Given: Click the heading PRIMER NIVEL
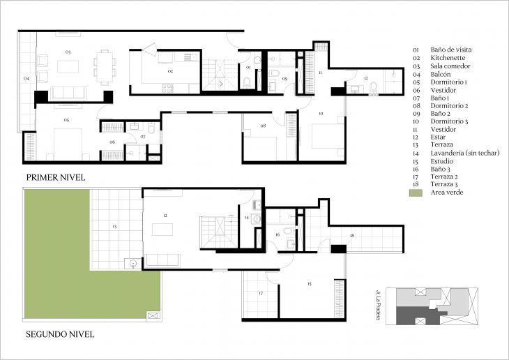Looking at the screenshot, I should [56, 178].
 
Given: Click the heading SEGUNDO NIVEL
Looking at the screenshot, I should [60, 334].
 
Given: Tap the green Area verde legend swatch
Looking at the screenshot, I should [416, 192].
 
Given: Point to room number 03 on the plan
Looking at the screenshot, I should [68, 52].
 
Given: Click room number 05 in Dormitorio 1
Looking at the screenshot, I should [66, 120].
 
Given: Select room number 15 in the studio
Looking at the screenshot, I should [308, 283].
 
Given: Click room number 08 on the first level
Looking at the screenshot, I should [263, 126].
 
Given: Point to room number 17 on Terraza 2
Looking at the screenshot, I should [261, 294].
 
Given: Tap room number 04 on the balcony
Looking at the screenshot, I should [26, 79].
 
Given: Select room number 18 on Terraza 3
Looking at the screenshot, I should [352, 236].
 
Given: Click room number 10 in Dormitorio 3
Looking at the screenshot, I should [321, 113].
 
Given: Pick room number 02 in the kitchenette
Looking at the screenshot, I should [169, 71].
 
